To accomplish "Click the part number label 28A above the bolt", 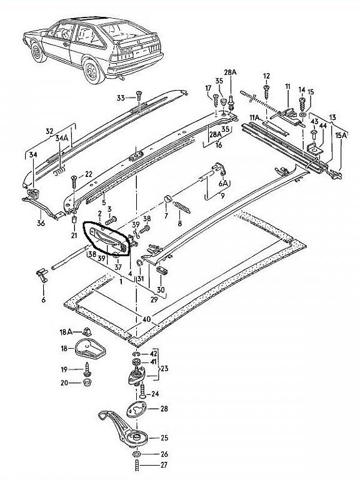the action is click(230, 72).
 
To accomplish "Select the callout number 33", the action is click(121, 98).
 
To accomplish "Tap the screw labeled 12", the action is click(267, 91).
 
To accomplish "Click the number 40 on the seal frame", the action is click(146, 319).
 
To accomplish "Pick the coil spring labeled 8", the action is click(182, 207).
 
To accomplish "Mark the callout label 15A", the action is click(341, 135).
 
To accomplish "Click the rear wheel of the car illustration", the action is click(94, 71).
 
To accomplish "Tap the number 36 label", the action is click(41, 223).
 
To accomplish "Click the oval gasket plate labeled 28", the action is click(137, 409).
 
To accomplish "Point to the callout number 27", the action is click(164, 465).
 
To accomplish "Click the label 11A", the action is click(255, 117).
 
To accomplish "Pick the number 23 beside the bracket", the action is click(164, 368).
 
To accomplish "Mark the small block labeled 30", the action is click(161, 271).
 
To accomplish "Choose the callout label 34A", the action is click(61, 138).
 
